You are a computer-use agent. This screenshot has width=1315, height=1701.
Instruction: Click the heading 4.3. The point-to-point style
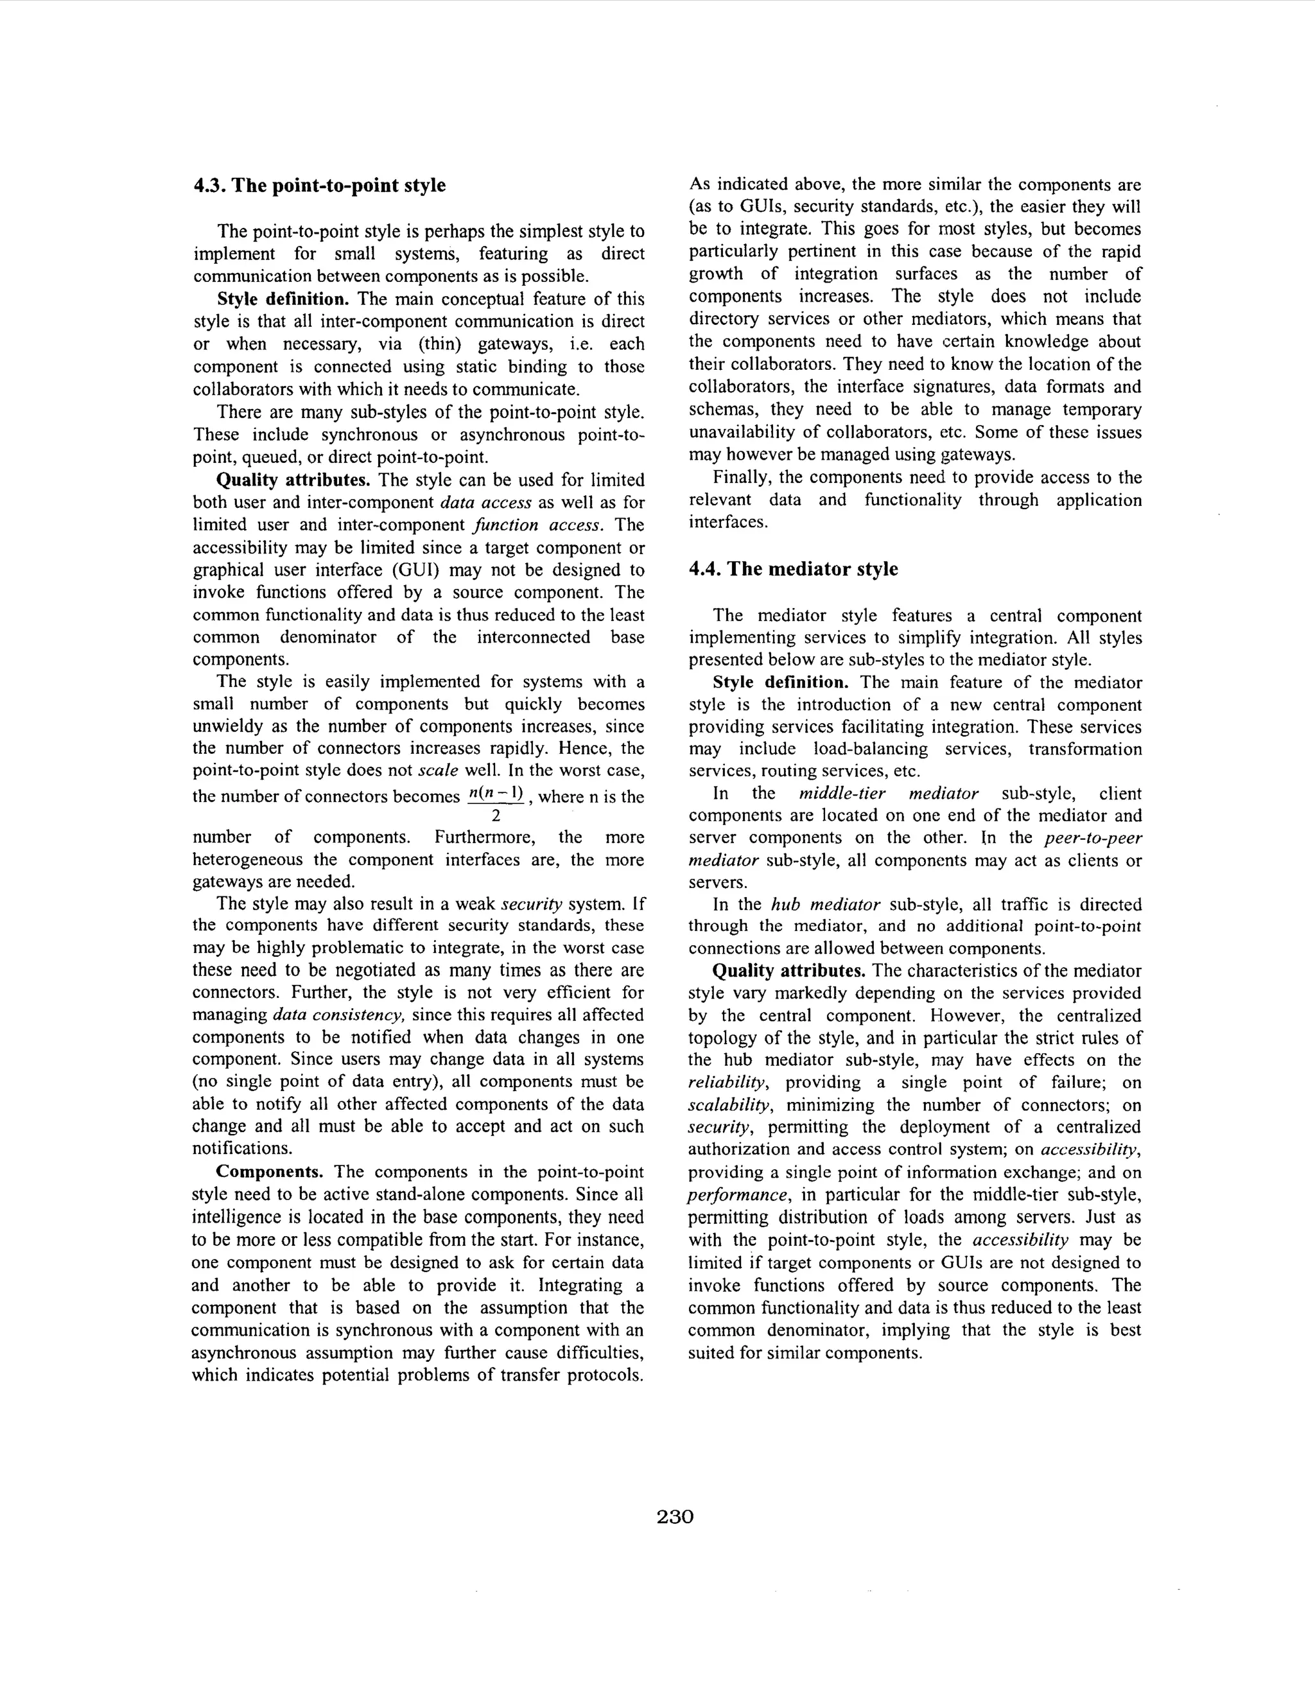319,186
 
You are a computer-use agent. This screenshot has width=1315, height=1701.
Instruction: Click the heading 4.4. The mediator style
793,570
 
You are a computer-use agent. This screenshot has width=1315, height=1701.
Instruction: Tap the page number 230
675,1517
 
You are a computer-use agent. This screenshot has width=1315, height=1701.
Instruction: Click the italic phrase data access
485,502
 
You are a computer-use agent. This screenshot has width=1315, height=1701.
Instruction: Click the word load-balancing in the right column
870,749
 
